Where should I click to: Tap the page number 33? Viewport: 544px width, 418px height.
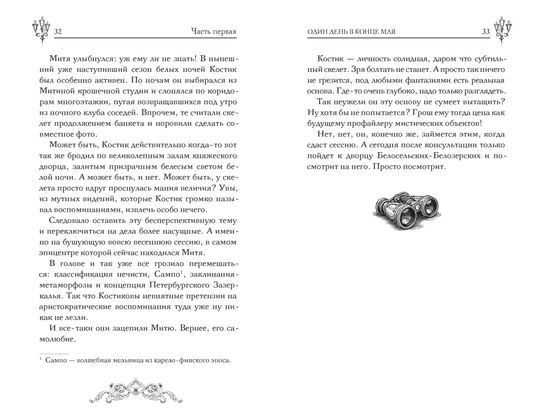click(x=486, y=32)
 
